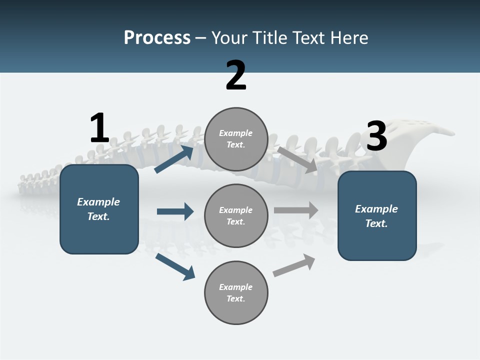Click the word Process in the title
157,38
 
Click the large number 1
99,128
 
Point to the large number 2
236,75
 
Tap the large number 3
376,136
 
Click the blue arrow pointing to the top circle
174,159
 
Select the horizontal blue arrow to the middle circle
175,211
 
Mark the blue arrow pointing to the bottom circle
175,266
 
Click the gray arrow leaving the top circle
297,159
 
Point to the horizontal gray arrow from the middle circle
296,210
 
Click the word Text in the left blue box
98,216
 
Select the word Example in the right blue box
376,209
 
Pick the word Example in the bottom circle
236,287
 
